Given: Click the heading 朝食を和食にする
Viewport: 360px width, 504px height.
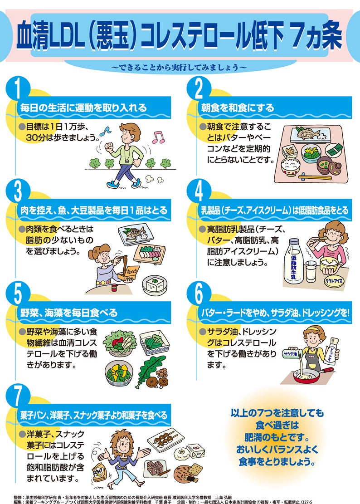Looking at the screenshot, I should point(238,108).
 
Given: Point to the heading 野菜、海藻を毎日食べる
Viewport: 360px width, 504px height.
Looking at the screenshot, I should point(69,313).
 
